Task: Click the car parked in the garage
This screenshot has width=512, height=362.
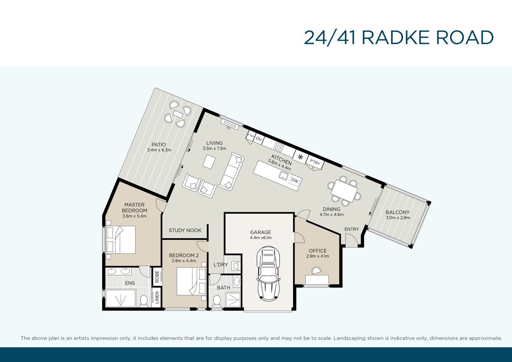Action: (269, 274)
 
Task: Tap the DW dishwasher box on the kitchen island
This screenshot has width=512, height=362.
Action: (295, 180)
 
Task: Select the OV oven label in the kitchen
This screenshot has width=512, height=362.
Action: (259, 139)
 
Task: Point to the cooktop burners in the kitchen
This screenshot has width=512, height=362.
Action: (279, 146)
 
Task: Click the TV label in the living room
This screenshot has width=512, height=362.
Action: (228, 128)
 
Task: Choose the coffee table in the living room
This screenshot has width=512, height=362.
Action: (209, 162)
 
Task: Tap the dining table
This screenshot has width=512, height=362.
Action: (344, 191)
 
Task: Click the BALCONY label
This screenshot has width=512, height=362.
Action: (398, 212)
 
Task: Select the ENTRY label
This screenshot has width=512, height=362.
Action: (352, 229)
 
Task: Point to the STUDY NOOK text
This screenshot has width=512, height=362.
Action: (185, 230)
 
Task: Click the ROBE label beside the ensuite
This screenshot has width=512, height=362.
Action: (157, 277)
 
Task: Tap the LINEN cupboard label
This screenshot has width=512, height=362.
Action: (157, 298)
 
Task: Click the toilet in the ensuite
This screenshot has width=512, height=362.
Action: (144, 301)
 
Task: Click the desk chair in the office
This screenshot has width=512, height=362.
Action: (316, 270)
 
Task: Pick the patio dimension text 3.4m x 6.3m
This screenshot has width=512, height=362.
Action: (159, 150)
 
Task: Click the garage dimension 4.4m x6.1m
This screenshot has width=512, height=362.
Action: (260, 238)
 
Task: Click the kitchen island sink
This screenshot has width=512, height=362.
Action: (283, 175)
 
